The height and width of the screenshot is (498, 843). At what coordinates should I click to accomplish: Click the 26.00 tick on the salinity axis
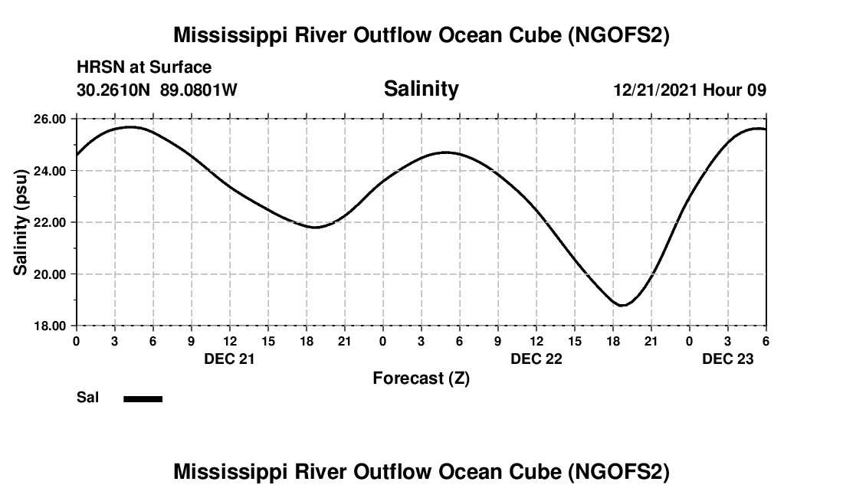pyautogui.click(x=51, y=119)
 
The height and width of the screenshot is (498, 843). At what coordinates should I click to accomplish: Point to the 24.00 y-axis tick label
pyautogui.click(x=51, y=171)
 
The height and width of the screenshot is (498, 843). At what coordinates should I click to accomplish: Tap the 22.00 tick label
pyautogui.click(x=51, y=222)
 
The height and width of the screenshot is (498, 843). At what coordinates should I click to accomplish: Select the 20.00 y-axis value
pyautogui.click(x=51, y=274)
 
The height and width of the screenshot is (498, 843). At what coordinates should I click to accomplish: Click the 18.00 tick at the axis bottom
pyautogui.click(x=51, y=326)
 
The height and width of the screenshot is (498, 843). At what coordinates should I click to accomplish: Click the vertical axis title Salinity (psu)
pyautogui.click(x=21, y=222)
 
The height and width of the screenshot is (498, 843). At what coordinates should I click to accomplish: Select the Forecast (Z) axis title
pyautogui.click(x=421, y=378)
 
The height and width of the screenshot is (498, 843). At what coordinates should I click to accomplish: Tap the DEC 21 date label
pyautogui.click(x=229, y=359)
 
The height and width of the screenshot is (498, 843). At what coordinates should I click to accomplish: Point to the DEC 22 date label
pyautogui.click(x=536, y=359)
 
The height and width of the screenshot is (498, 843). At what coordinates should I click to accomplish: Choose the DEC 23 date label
pyautogui.click(x=727, y=359)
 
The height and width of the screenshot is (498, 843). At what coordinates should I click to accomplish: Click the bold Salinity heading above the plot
pyautogui.click(x=421, y=89)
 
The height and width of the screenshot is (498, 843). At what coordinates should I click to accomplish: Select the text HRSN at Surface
pyautogui.click(x=144, y=68)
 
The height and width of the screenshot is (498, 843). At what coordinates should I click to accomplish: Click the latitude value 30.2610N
pyautogui.click(x=114, y=90)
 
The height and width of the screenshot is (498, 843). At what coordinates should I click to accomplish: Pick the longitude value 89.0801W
pyautogui.click(x=198, y=90)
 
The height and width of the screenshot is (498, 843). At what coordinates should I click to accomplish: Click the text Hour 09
pyautogui.click(x=735, y=90)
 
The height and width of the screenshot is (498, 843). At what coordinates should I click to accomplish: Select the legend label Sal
pyautogui.click(x=87, y=398)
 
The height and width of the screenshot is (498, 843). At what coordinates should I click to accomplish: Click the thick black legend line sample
pyautogui.click(x=143, y=398)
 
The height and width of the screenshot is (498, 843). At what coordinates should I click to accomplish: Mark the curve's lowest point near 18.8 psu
pyautogui.click(x=622, y=306)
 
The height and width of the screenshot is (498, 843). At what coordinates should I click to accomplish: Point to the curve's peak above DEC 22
pyautogui.click(x=447, y=152)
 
